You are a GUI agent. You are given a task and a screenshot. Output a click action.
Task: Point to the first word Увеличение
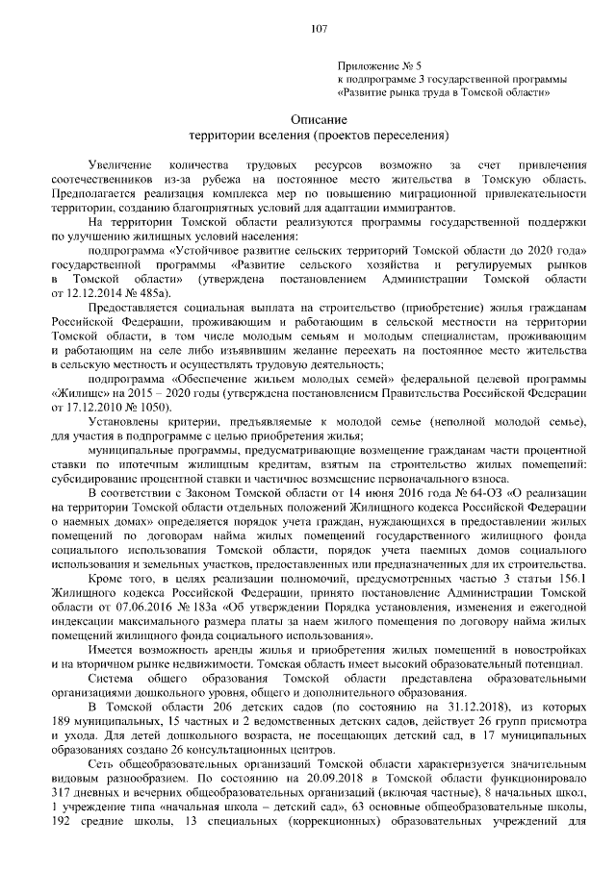coord(120,167)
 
